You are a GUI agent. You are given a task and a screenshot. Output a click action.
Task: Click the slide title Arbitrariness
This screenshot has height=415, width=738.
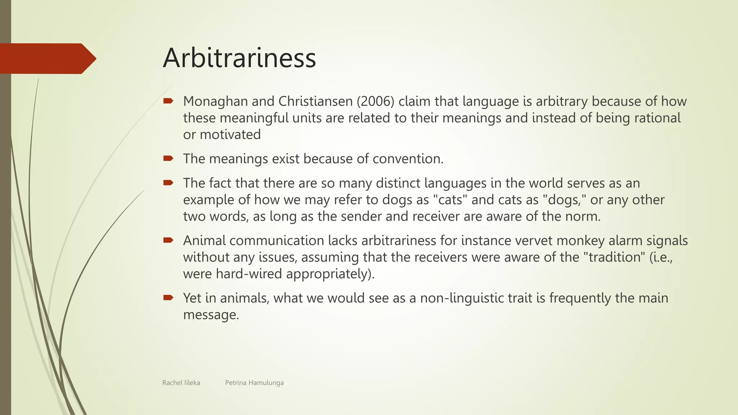pos(239,58)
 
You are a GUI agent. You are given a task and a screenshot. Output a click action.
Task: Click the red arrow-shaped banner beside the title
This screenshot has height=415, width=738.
pos(47,58)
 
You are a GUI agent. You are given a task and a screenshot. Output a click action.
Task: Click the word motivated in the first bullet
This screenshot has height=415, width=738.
pos(230,134)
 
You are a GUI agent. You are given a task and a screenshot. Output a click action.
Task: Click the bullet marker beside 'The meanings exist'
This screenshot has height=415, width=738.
pos(168,158)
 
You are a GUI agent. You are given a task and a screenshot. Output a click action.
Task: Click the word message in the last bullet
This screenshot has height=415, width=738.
pos(211,314)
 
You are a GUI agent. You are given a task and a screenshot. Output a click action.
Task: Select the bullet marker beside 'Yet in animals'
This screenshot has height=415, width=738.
pos(168,298)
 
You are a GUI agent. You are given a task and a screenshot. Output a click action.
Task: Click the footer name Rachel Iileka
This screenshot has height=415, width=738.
pos(181,383)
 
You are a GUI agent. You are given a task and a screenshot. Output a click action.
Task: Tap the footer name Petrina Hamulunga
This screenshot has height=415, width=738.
pos(254,383)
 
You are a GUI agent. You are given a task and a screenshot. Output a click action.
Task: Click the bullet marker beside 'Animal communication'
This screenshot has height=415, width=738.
pos(168,240)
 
